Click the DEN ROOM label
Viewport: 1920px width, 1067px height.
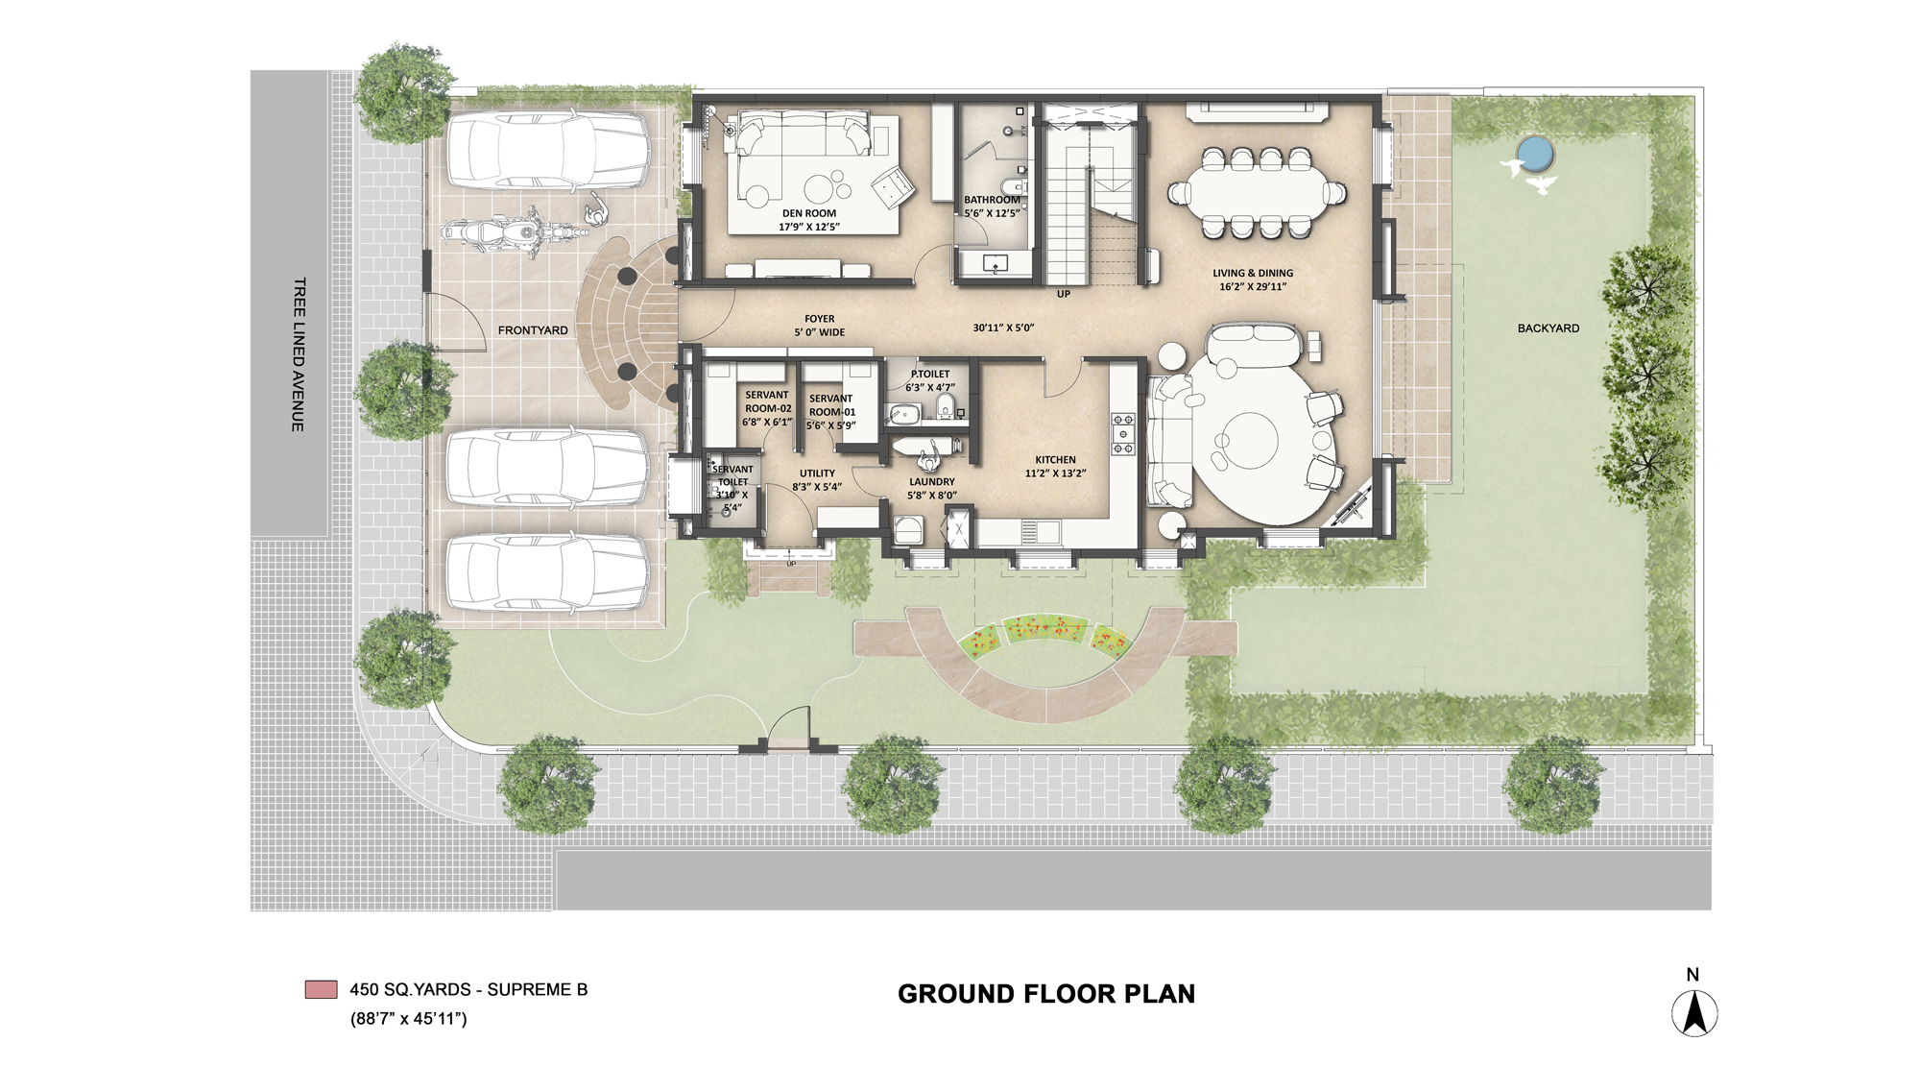tap(809, 214)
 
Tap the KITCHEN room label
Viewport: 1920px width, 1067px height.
tap(1055, 460)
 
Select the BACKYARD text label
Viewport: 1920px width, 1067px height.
tap(1548, 328)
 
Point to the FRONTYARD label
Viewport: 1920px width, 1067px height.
tap(533, 330)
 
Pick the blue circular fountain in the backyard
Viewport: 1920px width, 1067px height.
tap(1534, 152)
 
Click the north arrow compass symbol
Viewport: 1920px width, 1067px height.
tap(1694, 1011)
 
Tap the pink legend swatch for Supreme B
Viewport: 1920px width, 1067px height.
tap(321, 989)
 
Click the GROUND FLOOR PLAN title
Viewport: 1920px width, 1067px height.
tap(1046, 994)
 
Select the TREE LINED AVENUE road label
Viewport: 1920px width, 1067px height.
tap(300, 354)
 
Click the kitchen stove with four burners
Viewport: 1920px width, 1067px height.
tap(1122, 434)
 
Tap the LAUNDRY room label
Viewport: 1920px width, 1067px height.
tap(932, 482)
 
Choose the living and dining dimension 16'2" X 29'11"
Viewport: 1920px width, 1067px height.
tap(1253, 286)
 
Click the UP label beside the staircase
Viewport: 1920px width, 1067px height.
tap(1063, 294)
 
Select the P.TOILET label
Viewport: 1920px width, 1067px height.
tap(930, 374)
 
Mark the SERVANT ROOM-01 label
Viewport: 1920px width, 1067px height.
tap(831, 405)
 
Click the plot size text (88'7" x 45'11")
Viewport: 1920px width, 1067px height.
tap(408, 1019)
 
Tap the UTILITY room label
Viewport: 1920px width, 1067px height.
tap(817, 473)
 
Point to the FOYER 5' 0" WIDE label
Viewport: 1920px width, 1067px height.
tap(820, 326)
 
